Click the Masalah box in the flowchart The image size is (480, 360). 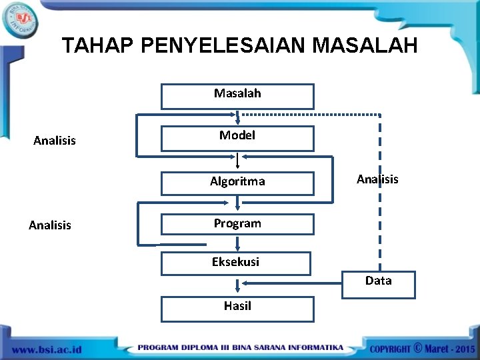[x=237, y=96]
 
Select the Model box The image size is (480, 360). [x=237, y=138]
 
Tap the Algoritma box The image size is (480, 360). [x=237, y=183]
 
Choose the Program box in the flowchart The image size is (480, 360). [x=237, y=225]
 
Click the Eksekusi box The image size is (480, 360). [x=236, y=263]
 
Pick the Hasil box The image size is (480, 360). [x=237, y=309]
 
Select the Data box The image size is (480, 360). [x=378, y=283]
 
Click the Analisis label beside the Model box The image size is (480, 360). [x=55, y=141]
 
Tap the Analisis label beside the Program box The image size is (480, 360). [x=50, y=225]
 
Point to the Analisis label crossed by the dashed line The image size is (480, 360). [x=377, y=179]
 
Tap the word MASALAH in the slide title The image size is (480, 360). [x=365, y=45]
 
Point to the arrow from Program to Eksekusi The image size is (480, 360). [x=237, y=244]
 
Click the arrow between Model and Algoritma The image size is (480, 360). [x=238, y=161]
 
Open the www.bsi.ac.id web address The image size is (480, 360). [x=47, y=349]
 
